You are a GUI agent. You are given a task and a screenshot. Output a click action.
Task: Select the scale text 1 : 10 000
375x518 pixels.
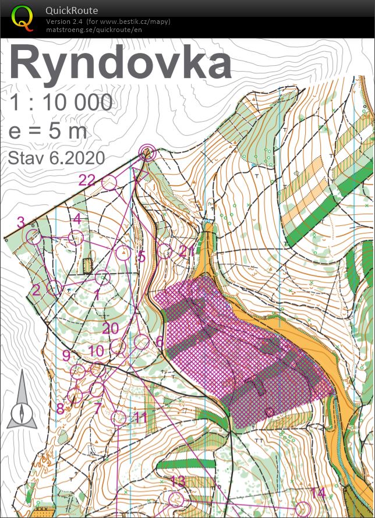click(61, 103)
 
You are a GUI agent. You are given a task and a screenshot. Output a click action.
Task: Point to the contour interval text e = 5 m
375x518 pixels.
click(48, 131)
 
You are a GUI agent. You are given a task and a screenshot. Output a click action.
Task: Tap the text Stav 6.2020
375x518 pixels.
click(56, 158)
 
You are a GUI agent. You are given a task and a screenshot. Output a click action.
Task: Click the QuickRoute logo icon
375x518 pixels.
click(23, 17)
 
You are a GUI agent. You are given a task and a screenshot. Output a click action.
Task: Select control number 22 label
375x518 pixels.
click(87, 180)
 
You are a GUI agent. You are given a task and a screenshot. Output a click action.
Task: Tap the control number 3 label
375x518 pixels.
click(21, 222)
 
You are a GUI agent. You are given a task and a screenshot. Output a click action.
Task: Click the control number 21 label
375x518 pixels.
click(186, 251)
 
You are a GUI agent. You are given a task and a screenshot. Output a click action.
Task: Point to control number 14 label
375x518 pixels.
click(317, 492)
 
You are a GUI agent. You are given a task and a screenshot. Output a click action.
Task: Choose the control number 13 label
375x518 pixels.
click(178, 481)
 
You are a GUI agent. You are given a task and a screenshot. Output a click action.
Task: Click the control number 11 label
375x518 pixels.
click(140, 417)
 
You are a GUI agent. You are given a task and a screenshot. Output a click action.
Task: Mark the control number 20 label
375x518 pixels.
click(111, 328)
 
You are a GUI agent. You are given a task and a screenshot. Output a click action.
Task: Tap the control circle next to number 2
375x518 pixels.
click(54, 288)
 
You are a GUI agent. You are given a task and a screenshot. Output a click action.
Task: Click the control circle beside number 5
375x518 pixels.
click(123, 253)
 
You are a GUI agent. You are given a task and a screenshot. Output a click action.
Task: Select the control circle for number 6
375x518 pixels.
click(142, 342)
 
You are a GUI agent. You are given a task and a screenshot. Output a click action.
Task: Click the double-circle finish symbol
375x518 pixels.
click(147, 153)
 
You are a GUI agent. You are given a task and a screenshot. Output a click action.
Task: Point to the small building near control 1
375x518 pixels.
click(88, 266)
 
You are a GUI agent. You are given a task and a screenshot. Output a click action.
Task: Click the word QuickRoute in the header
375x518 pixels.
click(72, 10)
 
